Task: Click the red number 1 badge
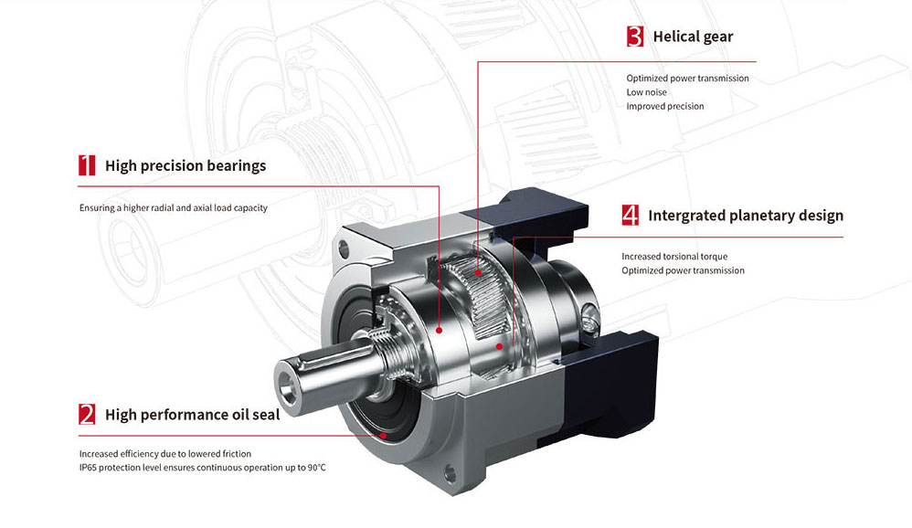[87, 165]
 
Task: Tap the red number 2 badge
[87, 415]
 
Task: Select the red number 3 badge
[635, 36]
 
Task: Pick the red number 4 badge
[630, 216]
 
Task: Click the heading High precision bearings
[186, 165]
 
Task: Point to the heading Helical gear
[693, 37]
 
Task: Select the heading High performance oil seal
[193, 415]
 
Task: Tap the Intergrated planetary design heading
[746, 216]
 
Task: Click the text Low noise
[646, 92]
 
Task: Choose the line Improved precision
[664, 106]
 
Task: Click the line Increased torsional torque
[674, 257]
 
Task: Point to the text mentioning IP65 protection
[202, 468]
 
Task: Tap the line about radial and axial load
[174, 207]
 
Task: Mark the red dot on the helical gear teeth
[478, 272]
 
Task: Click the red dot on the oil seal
[383, 436]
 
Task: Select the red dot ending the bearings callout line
[440, 331]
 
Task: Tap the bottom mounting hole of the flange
[450, 473]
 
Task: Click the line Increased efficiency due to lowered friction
[165, 454]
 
